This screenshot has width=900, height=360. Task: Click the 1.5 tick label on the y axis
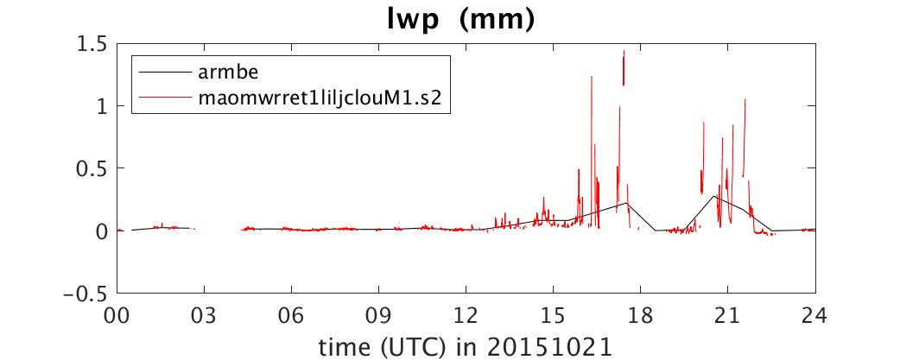pos(93,43)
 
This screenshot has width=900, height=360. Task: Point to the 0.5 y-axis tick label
pos(93,168)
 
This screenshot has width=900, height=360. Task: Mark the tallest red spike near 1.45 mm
pos(624,51)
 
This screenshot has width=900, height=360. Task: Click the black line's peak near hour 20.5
pos(714,196)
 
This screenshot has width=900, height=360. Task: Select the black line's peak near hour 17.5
pos(627,203)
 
